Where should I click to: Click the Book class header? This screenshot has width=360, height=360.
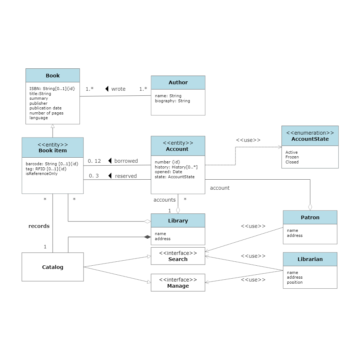[53, 76]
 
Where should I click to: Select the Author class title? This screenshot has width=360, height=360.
[178, 82]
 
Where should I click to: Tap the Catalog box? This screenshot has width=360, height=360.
[53, 267]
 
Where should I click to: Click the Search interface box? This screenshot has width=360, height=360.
[178, 256]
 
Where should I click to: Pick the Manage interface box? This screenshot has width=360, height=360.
[178, 283]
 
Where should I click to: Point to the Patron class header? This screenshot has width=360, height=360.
[310, 217]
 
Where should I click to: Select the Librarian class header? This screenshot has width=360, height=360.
[310, 259]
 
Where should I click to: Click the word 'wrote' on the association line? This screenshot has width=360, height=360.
[118, 89]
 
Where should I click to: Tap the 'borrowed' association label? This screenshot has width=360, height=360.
[126, 161]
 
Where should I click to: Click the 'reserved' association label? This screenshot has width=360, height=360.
[126, 176]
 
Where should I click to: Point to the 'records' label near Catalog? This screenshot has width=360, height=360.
[39, 226]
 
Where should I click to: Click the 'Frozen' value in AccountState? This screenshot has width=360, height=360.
[292, 157]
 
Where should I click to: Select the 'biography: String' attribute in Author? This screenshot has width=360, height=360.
[172, 101]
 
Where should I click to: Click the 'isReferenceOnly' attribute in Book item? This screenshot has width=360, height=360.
[41, 174]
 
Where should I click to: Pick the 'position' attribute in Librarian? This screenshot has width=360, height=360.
[294, 282]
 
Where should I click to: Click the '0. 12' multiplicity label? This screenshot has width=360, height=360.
[95, 161]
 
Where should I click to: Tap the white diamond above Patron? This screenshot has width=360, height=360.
[310, 207]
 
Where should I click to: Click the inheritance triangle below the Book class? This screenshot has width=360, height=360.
[53, 126]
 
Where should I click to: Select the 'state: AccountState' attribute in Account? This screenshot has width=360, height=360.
[175, 177]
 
